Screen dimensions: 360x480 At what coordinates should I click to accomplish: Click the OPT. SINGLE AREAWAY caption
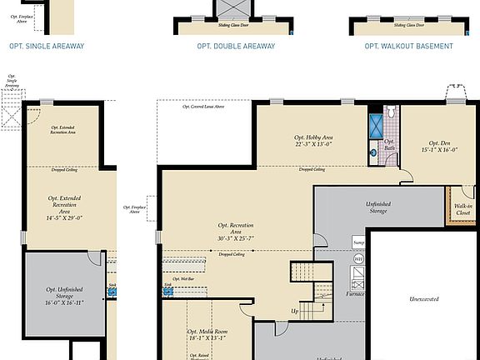pyautogui.click(x=46, y=47)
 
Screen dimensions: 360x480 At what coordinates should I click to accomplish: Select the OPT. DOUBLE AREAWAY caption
pyautogui.click(x=236, y=47)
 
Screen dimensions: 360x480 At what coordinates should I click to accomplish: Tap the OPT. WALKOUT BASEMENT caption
pyautogui.click(x=409, y=47)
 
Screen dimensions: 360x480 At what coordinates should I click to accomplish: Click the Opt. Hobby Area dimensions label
pyautogui.click(x=313, y=143)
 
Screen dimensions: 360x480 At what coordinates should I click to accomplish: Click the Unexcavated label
pyautogui.click(x=424, y=298)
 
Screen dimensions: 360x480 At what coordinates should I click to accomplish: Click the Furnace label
pyautogui.click(x=356, y=294)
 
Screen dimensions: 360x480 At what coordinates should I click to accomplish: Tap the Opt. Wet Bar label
pyautogui.click(x=182, y=278)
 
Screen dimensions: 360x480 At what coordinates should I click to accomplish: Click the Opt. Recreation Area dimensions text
pyautogui.click(x=236, y=237)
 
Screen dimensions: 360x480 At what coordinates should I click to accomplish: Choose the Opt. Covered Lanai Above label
pyautogui.click(x=203, y=107)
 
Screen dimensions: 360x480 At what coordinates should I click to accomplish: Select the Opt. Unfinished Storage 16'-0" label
pyautogui.click(x=62, y=299)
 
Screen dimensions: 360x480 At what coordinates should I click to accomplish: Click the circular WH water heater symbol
pyautogui.click(x=359, y=260)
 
